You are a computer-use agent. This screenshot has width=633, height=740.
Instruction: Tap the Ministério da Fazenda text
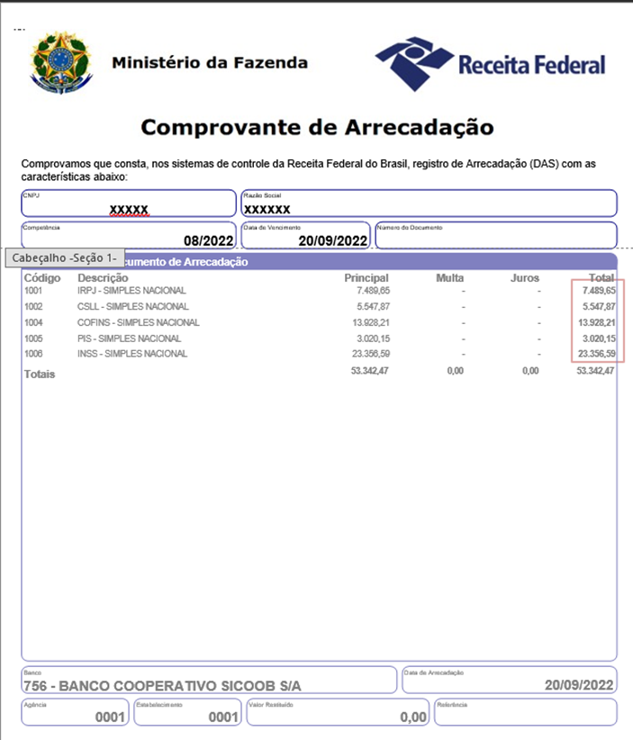(x=210, y=63)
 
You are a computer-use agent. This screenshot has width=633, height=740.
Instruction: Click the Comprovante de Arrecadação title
(x=317, y=127)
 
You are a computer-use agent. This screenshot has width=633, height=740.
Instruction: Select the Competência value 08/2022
(x=208, y=240)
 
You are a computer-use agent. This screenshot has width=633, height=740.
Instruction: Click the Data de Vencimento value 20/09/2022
(x=333, y=240)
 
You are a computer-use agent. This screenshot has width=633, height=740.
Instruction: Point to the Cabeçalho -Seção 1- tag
(x=64, y=257)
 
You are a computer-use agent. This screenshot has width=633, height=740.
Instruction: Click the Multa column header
(x=449, y=278)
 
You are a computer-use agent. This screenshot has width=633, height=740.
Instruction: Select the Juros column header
(x=524, y=278)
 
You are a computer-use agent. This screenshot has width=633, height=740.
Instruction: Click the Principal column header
(x=366, y=278)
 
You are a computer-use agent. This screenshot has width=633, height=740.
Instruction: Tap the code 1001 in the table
(x=33, y=291)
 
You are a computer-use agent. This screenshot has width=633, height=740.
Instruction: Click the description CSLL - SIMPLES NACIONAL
(x=132, y=307)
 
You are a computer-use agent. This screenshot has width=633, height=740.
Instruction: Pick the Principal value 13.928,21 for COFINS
(x=365, y=322)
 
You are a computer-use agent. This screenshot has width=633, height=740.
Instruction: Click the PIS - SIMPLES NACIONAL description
(x=129, y=338)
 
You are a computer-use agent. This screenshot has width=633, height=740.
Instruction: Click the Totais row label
(x=40, y=374)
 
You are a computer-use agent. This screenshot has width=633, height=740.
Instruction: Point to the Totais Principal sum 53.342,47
(x=369, y=371)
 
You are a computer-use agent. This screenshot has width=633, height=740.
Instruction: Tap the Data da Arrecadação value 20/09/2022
(x=579, y=686)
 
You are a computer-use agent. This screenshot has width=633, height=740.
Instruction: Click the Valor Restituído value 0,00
(x=413, y=717)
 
